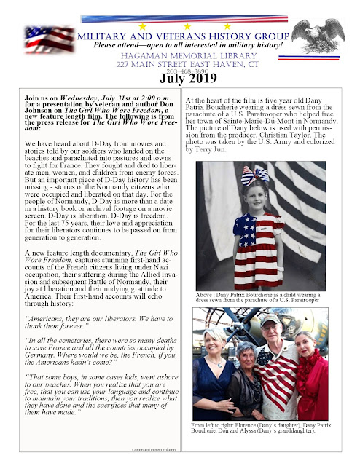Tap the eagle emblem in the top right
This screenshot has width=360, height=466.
tap(323, 37)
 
